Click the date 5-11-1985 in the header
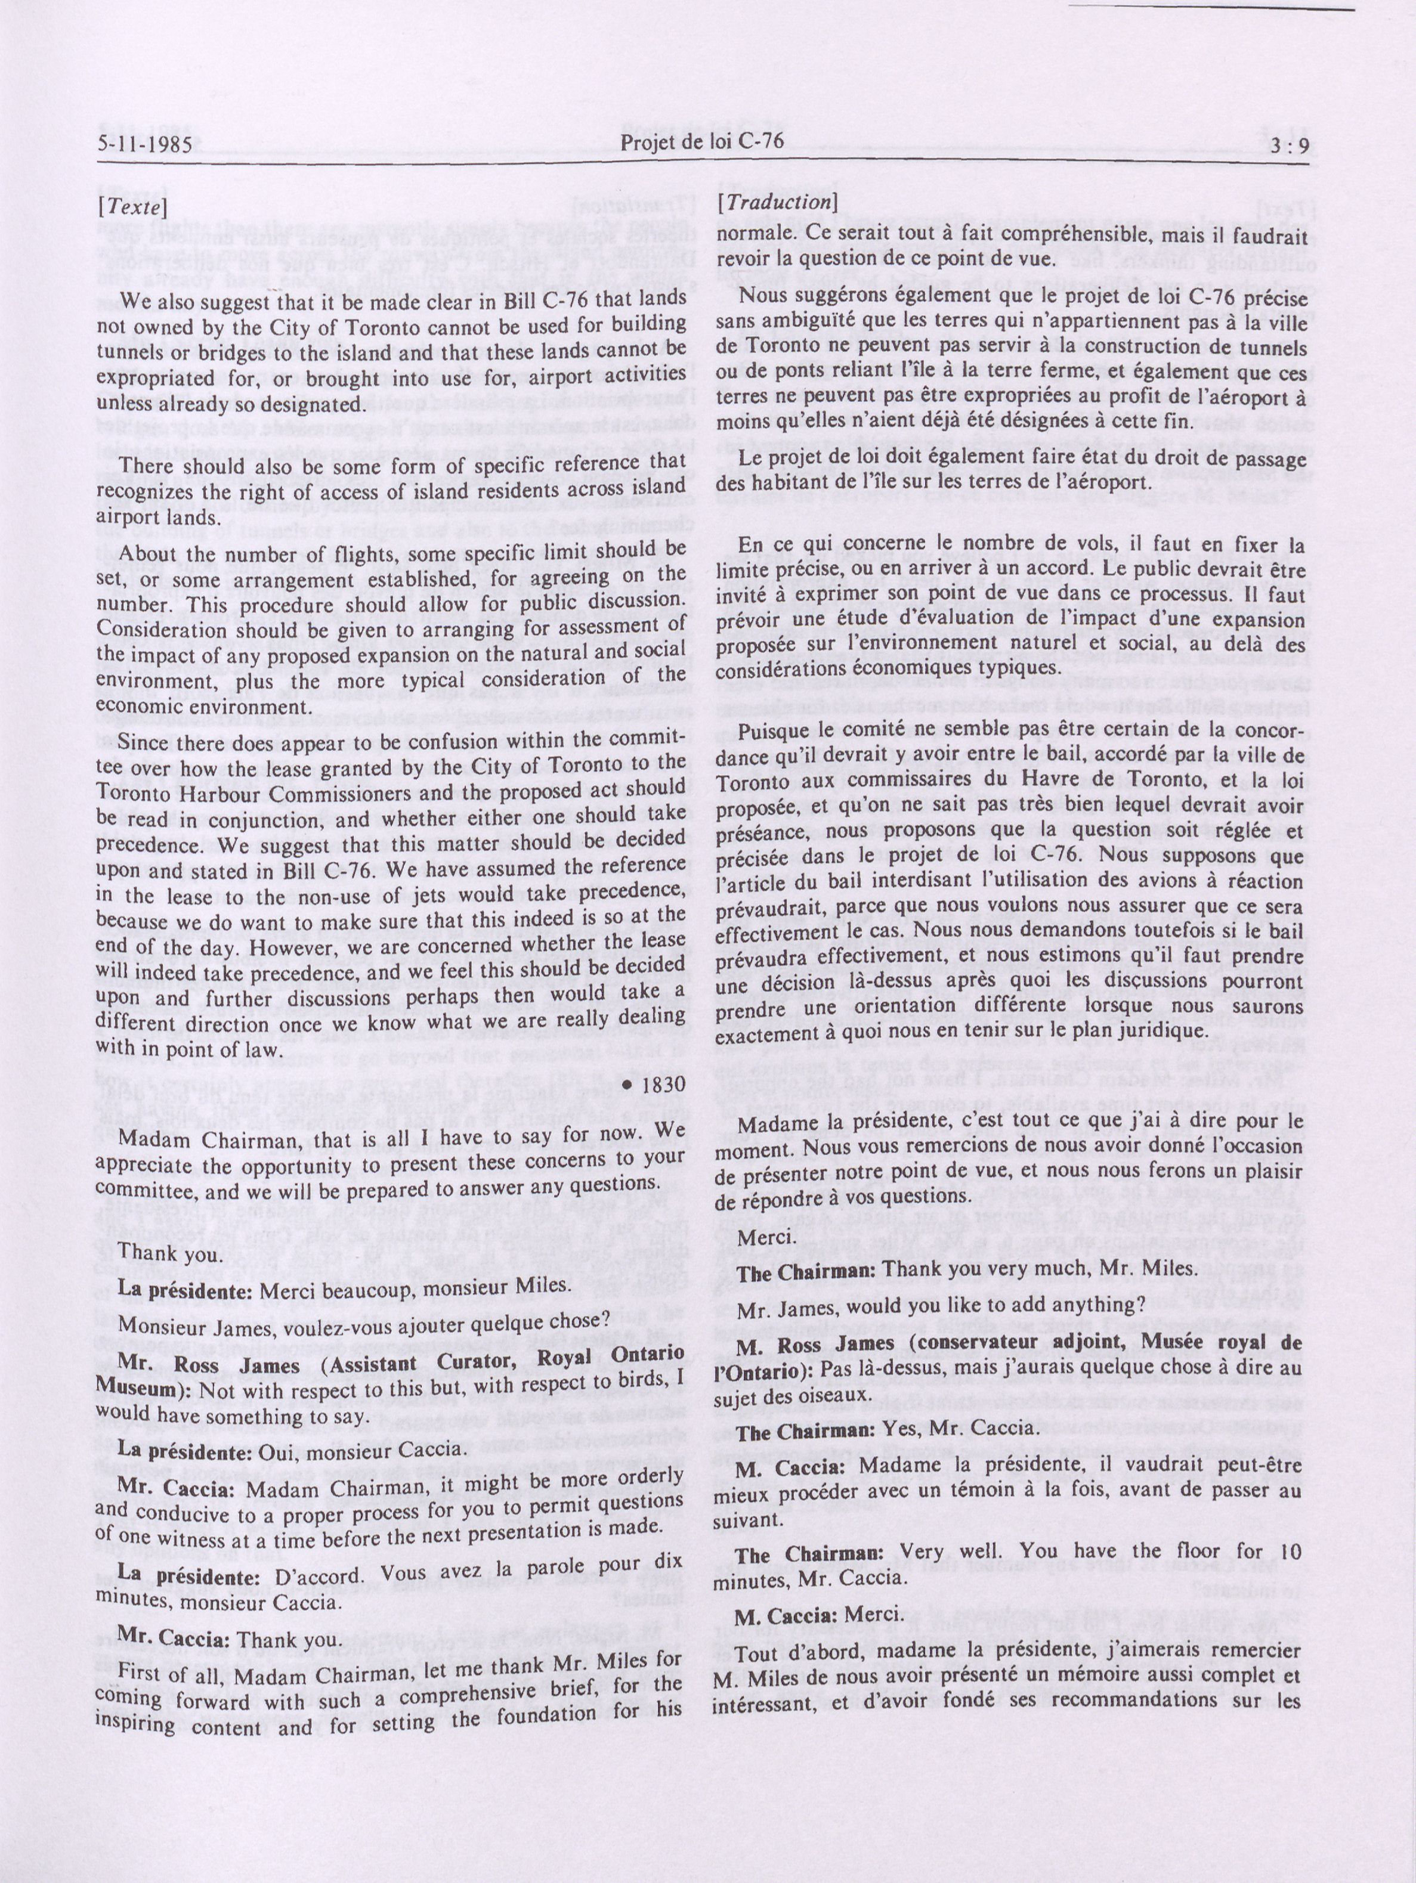[x=143, y=145]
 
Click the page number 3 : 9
[x=1284, y=147]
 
